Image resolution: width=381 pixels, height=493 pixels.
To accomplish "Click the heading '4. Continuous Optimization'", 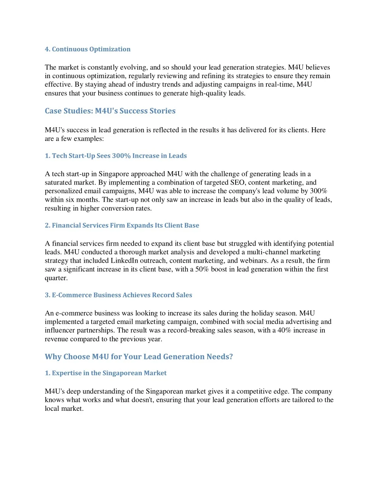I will click(x=87, y=49).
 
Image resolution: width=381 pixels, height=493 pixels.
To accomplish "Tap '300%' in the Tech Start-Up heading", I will click(x=121, y=156).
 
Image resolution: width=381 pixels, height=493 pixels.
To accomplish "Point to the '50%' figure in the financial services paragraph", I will click(x=202, y=269).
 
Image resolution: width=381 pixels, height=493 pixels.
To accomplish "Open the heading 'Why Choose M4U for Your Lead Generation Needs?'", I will click(x=139, y=357).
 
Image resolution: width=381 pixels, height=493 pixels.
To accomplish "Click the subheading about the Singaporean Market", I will click(x=106, y=373).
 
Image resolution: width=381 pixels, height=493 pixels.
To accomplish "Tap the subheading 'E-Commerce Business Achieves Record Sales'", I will click(x=118, y=295).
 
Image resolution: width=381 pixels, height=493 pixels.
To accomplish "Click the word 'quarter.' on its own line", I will click(x=56, y=278).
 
